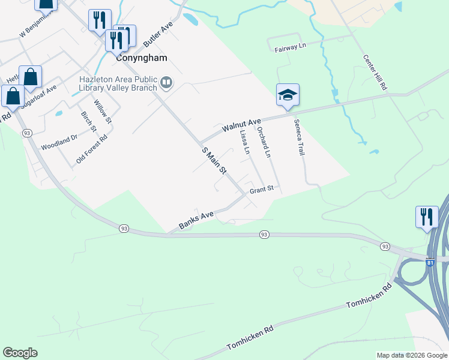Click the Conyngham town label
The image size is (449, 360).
tap(141, 59)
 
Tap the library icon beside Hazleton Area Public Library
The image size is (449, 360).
tap(166, 82)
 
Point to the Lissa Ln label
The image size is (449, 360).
tap(244, 142)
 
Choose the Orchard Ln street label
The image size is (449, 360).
tap(264, 142)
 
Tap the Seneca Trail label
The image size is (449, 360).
tap(299, 137)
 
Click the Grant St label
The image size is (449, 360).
tap(262, 188)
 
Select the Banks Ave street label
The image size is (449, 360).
tap(196, 221)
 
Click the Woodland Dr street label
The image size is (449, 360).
tap(59, 142)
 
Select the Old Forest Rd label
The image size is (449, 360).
tap(91, 149)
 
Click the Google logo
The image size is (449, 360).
tap(20, 353)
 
